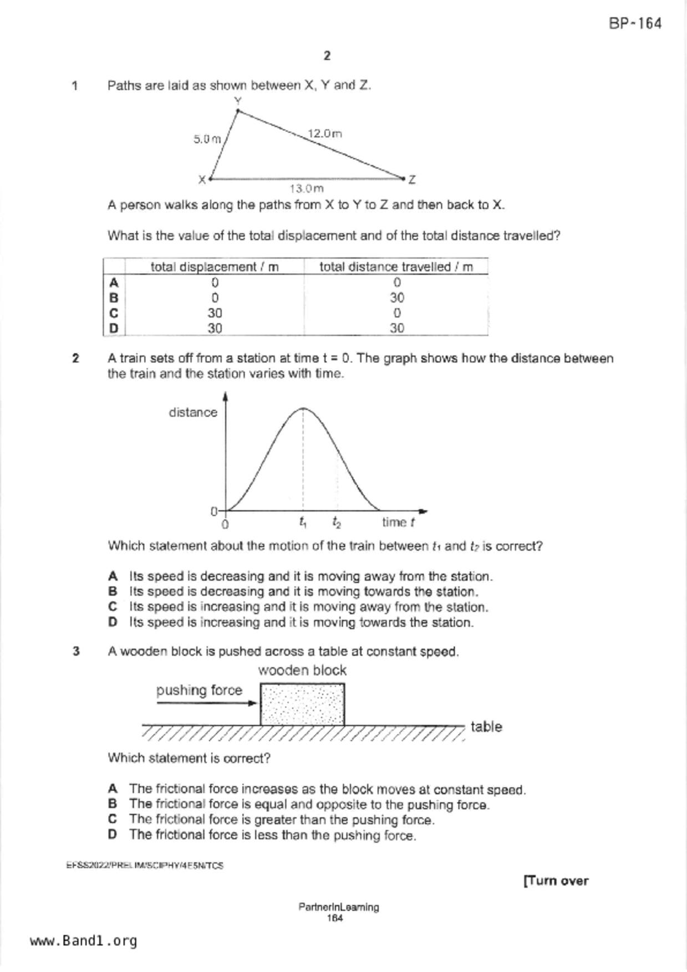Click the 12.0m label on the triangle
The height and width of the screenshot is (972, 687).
(x=325, y=134)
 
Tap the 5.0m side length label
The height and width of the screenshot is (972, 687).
(x=207, y=139)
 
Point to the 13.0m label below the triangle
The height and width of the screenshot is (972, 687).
(x=307, y=188)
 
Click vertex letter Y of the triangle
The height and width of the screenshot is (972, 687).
(x=238, y=101)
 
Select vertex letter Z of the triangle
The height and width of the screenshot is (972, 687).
(x=412, y=180)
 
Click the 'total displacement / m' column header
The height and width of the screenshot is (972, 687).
(x=215, y=267)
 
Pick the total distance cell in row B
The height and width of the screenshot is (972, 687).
(x=396, y=298)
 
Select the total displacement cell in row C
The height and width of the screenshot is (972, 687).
(x=215, y=313)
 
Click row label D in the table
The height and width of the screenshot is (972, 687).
(x=114, y=328)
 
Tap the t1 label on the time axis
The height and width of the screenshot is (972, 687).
(x=303, y=522)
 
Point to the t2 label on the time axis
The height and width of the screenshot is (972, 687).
(x=337, y=522)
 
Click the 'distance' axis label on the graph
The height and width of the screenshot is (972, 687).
(x=193, y=412)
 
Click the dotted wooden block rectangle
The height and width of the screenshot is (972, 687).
(x=302, y=704)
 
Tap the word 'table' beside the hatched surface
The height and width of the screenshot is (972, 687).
(x=486, y=727)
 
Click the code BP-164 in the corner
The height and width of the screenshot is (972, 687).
(x=635, y=23)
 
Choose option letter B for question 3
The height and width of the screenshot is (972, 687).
(x=113, y=804)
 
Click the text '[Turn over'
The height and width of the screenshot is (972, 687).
(x=556, y=881)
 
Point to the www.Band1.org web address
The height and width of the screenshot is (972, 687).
(x=83, y=941)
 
